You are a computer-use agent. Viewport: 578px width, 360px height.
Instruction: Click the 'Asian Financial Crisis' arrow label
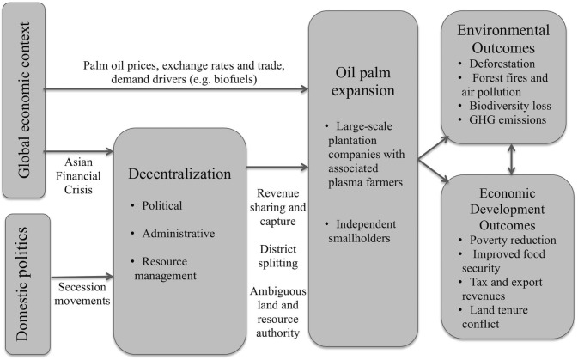point(80,172)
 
